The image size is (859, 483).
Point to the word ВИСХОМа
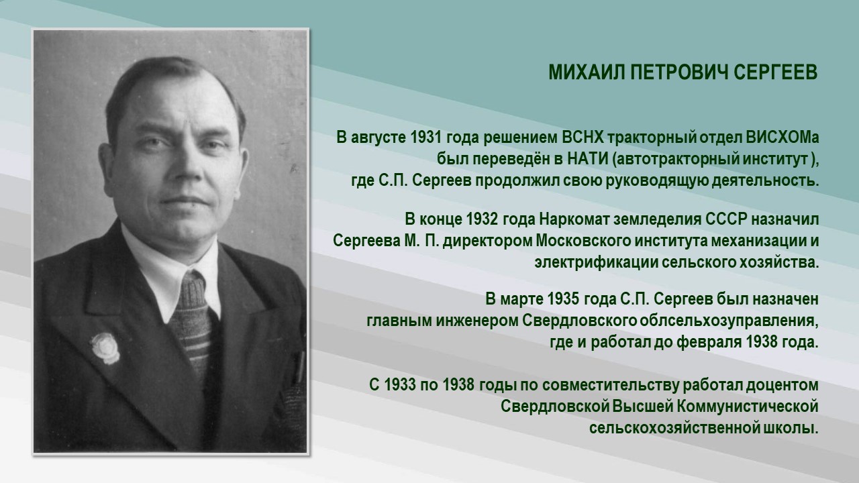[782, 138]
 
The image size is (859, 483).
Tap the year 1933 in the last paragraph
[402, 386]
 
